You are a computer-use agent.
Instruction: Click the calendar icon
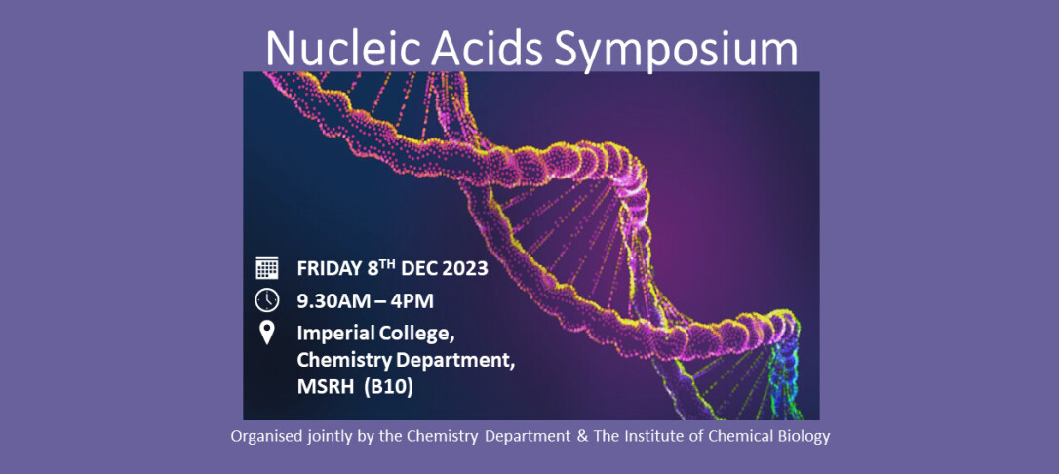point(267,267)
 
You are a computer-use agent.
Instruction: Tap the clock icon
point(267,299)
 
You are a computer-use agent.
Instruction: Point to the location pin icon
point(267,333)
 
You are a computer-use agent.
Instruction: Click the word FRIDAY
point(329,269)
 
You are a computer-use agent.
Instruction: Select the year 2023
point(465,269)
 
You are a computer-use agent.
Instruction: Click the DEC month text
point(418,269)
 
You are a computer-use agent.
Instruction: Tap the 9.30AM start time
point(333,301)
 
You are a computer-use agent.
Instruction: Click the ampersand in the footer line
point(583,436)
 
